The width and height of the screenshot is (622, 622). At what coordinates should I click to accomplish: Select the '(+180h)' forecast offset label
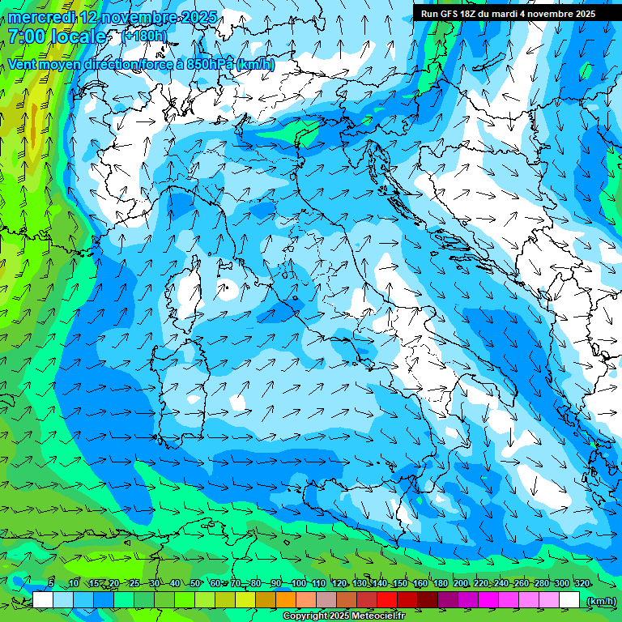pyautogui.click(x=145, y=36)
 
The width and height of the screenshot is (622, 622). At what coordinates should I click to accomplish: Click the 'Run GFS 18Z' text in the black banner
pyautogui.click(x=450, y=14)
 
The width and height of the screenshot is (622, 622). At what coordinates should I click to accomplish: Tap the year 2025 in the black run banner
pyautogui.click(x=582, y=14)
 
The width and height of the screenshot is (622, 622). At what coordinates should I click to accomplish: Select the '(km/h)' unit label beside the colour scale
pyautogui.click(x=600, y=600)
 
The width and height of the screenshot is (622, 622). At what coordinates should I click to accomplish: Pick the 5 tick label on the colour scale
pyautogui.click(x=50, y=584)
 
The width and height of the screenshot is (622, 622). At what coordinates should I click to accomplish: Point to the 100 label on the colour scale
pyautogui.click(x=297, y=584)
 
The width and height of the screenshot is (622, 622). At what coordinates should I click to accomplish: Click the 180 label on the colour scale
pyautogui.click(x=440, y=584)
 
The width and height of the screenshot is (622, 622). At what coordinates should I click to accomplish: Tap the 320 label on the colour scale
pyautogui.click(x=582, y=584)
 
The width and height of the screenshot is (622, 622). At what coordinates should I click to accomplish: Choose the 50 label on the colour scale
pyautogui.click(x=195, y=584)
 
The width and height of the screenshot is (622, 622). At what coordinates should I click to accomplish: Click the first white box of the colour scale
pyautogui.click(x=43, y=600)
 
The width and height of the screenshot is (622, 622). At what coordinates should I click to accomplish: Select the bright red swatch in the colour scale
pyautogui.click(x=387, y=600)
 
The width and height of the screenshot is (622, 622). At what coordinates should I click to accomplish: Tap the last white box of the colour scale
pyautogui.click(x=569, y=600)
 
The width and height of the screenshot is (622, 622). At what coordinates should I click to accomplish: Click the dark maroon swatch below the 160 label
pyautogui.click(x=428, y=600)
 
